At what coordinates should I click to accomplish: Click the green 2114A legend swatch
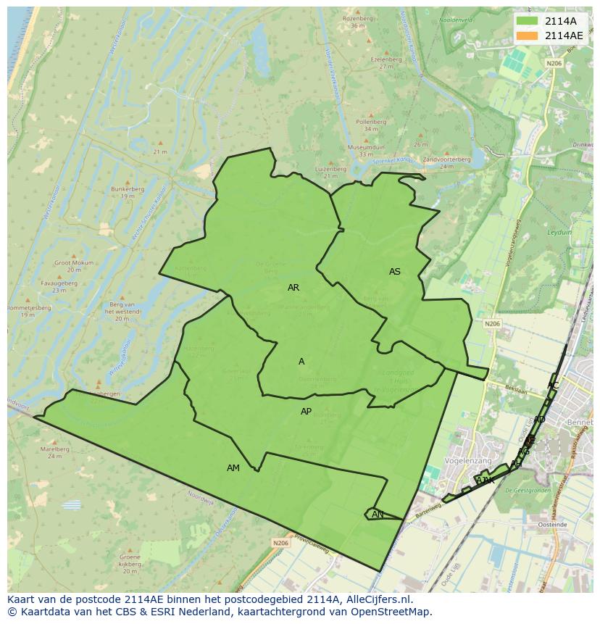pos(528,21)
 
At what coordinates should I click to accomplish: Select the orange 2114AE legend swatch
pos(528,36)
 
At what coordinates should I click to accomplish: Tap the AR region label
pos(293,288)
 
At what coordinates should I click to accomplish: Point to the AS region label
pos(395,272)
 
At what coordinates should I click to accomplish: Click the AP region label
pos(307,412)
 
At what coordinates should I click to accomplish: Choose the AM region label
pos(233,468)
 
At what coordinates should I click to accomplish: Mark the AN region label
pos(378,515)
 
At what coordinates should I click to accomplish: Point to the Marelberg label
pos(55,449)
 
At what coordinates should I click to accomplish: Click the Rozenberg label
pos(357,18)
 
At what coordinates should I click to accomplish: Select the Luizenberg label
pos(330,168)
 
